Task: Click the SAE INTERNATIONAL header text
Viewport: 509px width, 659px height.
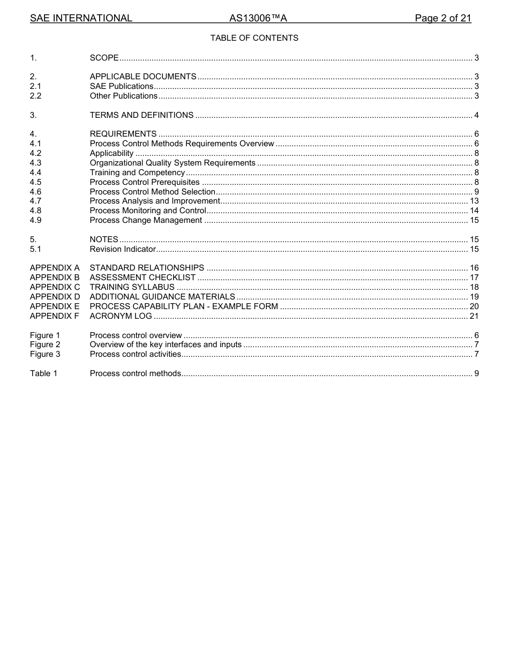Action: click(81, 18)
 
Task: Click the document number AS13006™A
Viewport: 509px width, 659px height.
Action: click(258, 18)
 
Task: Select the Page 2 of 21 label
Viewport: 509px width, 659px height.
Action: click(443, 18)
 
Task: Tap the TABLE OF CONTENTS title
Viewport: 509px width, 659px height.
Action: click(254, 38)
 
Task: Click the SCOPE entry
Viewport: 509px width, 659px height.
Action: click(104, 58)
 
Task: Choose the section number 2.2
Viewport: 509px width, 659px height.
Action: click(35, 96)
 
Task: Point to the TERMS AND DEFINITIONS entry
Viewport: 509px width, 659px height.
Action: click(141, 115)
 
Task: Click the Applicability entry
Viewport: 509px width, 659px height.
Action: click(111, 153)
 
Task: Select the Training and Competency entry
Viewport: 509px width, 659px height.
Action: click(137, 173)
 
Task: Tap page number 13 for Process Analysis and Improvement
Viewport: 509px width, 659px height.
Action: click(474, 201)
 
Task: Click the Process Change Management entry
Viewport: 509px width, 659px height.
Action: click(146, 220)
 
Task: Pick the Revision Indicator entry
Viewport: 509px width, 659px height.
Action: click(123, 249)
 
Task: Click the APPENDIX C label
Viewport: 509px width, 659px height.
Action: click(55, 287)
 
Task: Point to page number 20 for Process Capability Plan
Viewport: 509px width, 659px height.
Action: click(474, 306)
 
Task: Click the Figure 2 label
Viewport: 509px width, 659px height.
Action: click(45, 345)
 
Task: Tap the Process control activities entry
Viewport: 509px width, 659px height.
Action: click(135, 354)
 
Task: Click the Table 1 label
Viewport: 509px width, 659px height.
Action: click(43, 373)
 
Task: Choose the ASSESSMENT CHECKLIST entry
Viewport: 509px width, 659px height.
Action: click(143, 278)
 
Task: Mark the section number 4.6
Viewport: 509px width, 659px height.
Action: click(35, 192)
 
